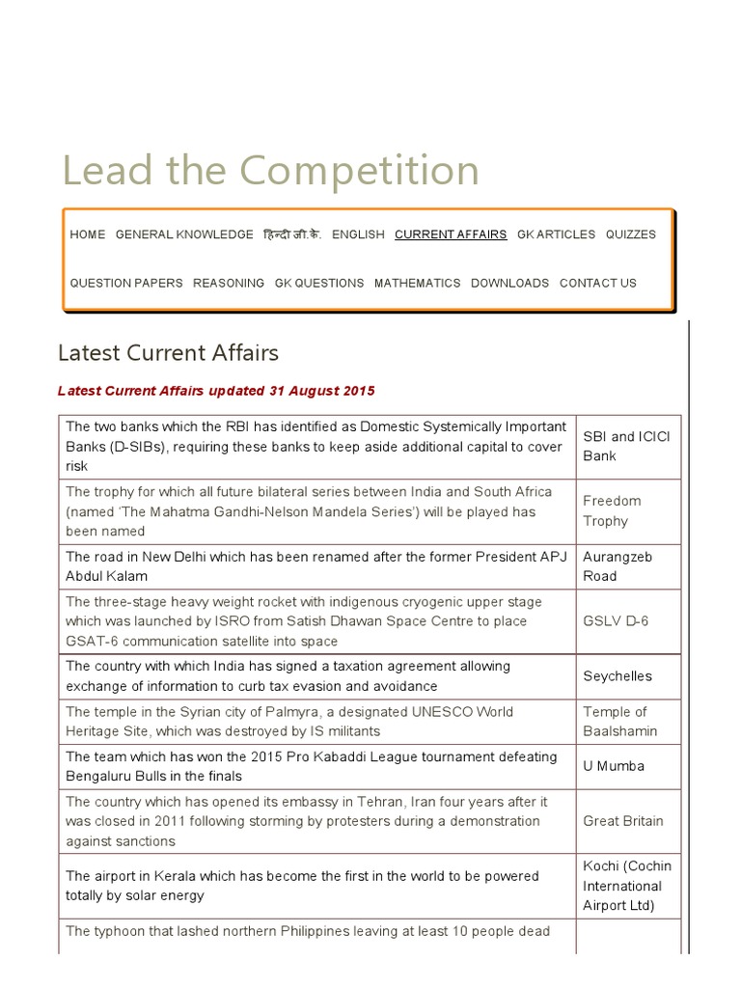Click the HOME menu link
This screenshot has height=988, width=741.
(x=88, y=234)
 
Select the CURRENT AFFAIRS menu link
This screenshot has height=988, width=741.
(x=451, y=234)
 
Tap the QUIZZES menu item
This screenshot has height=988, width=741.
(x=630, y=234)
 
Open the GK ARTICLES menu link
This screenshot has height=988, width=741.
(x=556, y=234)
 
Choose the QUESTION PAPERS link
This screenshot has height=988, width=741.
(x=126, y=283)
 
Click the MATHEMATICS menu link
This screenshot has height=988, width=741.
(x=417, y=283)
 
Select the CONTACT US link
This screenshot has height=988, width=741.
(x=598, y=283)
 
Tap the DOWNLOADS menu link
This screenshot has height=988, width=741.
(x=509, y=283)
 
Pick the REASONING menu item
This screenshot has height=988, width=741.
(x=229, y=283)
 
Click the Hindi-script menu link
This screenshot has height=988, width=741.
(x=292, y=234)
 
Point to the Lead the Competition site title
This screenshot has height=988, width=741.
(x=270, y=171)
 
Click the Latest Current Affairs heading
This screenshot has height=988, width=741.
(x=168, y=352)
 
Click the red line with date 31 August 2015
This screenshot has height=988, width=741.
(x=216, y=391)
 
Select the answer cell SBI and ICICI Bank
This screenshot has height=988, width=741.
(x=627, y=446)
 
